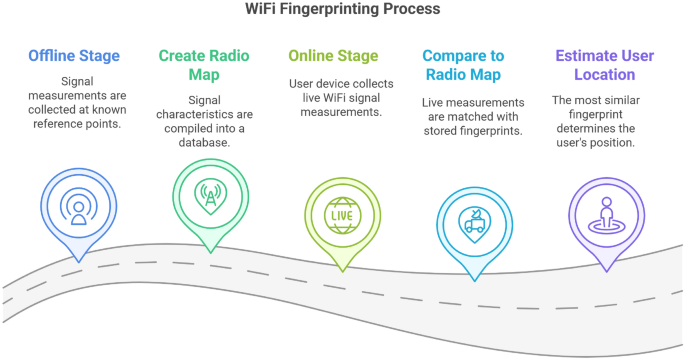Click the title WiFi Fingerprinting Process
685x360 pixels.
[x=343, y=9]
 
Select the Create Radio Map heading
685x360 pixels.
[x=204, y=64]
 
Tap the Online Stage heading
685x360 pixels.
[x=333, y=55]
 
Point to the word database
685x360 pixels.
[x=204, y=144]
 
